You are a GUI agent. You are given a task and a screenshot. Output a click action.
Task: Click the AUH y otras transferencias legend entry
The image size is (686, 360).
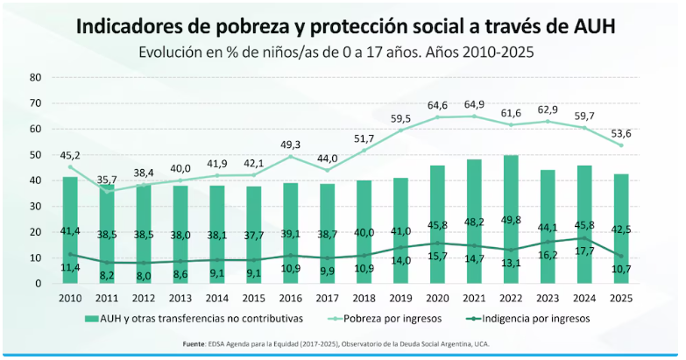[191, 317]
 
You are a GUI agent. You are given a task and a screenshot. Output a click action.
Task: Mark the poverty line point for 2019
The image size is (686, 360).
[400, 131]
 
